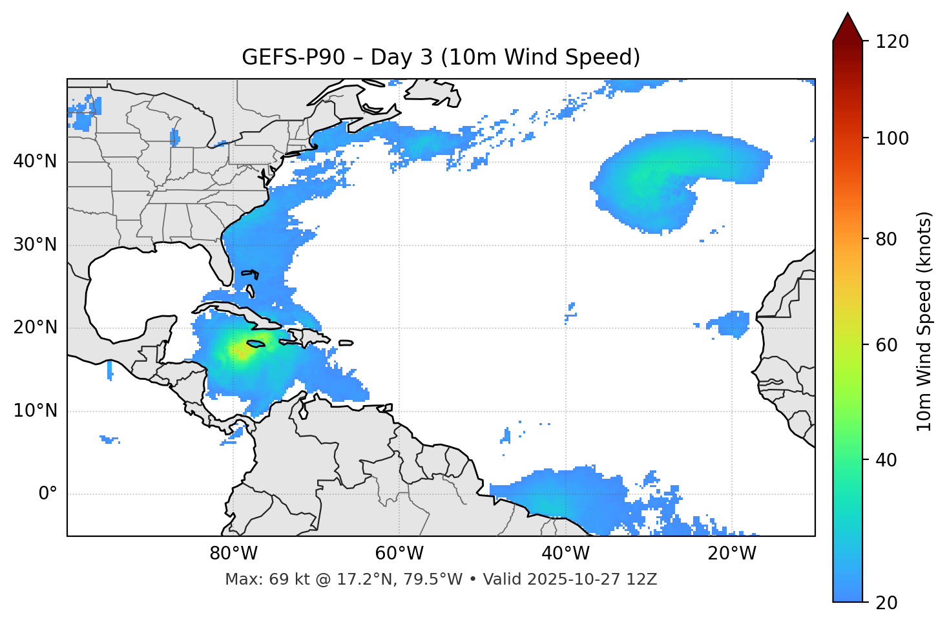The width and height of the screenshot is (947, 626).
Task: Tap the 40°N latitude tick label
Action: coord(35,162)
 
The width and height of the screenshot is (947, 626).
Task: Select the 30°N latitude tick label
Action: coord(35,245)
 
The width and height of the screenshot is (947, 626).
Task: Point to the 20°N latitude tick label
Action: coord(35,328)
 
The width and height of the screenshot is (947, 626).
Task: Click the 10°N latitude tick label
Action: coord(35,411)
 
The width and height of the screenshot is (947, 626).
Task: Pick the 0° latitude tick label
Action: coord(48,494)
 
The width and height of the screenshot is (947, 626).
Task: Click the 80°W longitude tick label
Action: coord(233,554)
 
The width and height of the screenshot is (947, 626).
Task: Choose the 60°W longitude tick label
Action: coord(399,554)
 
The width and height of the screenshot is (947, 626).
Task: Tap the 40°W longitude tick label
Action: coord(565,554)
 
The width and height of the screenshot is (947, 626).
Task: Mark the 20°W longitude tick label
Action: coord(731,554)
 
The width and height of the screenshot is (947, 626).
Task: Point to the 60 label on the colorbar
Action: coord(887,345)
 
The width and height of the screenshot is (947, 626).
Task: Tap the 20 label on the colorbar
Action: coord(887,603)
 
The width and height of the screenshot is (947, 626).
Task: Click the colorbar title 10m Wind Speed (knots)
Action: coord(924,321)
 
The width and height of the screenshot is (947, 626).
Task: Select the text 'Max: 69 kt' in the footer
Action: coord(255,579)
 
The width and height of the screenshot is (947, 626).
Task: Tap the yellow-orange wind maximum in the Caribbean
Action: coord(240,353)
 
